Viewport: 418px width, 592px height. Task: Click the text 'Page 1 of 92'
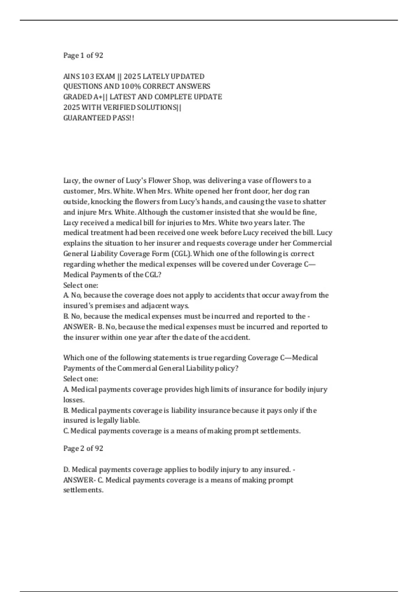(83, 55)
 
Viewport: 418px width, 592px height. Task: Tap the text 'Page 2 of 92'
(83, 448)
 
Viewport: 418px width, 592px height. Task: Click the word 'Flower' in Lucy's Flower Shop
(160, 180)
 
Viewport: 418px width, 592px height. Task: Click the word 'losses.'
(74, 400)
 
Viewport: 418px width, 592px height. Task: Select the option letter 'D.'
(67, 469)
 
